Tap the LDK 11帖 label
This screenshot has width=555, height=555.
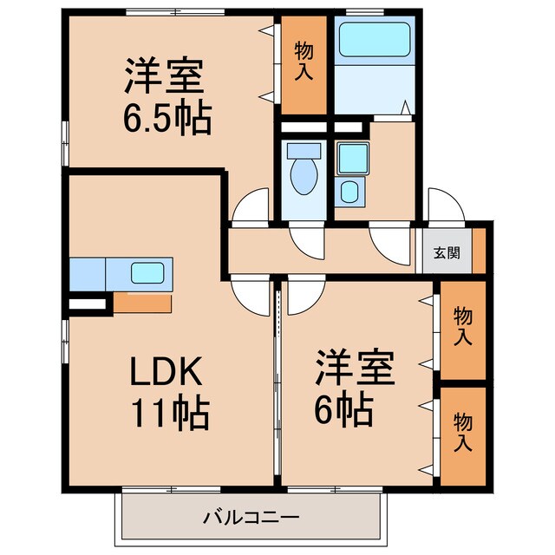coord(169,392)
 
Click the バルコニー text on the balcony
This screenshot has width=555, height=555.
coord(251,518)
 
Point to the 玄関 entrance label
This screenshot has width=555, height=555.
coord(447,253)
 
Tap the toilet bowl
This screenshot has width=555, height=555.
coord(304,173)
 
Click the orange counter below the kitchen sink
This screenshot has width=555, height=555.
coord(143,304)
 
